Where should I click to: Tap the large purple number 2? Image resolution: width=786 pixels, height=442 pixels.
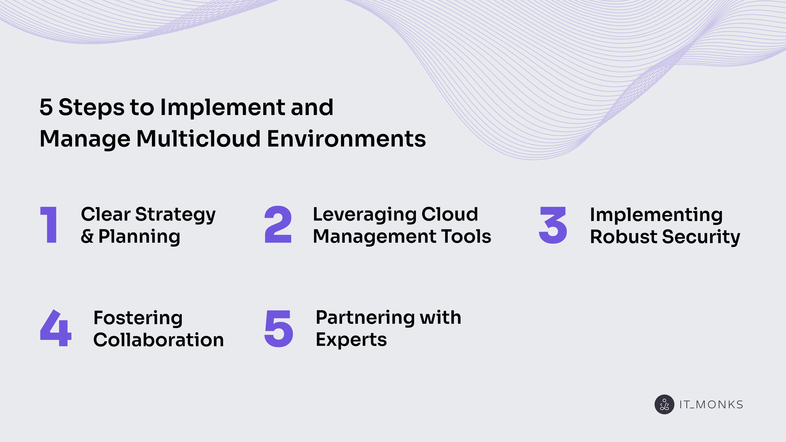click(278, 225)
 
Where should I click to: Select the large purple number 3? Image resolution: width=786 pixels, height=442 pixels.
click(553, 225)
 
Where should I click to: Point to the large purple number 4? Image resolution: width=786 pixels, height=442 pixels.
click(56, 328)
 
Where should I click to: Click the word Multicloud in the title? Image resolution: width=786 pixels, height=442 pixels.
click(198, 139)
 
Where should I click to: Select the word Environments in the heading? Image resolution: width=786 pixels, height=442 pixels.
click(346, 139)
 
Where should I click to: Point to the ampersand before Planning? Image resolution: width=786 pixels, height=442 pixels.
click(87, 237)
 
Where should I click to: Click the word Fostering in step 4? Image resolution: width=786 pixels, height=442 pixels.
click(138, 318)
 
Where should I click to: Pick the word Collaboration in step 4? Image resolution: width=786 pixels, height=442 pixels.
click(158, 340)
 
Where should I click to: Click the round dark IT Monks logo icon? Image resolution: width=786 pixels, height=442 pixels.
click(664, 405)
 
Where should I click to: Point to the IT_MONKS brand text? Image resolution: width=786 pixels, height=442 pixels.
click(711, 405)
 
